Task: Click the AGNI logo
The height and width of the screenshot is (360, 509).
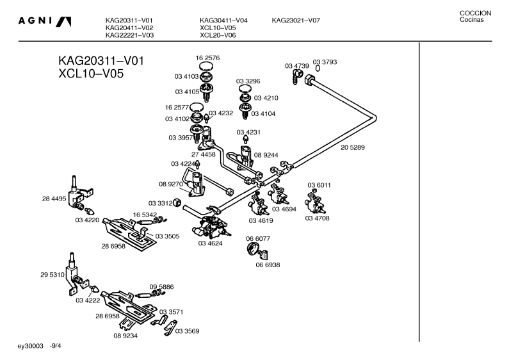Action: pos(44,21)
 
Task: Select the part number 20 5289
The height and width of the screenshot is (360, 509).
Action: pos(353,147)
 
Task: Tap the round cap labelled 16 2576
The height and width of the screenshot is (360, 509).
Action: pos(207,66)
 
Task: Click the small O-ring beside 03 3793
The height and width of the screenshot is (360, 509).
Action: pos(318,69)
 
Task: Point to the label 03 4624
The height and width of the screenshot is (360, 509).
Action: pos(211,243)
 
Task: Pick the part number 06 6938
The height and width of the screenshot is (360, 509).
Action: pos(268,265)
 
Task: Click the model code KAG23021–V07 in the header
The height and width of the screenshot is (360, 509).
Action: pos(296,20)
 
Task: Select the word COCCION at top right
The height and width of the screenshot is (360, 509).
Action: pos(475,13)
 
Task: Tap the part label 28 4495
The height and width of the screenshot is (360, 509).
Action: pos(54,199)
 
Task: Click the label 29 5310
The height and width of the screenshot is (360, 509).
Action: pos(53,275)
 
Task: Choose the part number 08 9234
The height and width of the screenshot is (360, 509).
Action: pos(125,336)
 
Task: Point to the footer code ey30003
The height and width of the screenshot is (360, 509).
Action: pos(30,346)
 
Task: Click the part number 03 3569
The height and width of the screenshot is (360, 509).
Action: pos(188,331)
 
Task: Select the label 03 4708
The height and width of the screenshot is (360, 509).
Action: pos(317,218)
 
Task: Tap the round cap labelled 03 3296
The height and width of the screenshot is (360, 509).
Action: pos(245,88)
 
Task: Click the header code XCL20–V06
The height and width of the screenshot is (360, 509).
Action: pos(218,35)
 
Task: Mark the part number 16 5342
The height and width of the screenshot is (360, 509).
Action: pos(145,215)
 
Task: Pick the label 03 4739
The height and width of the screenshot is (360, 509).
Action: pos(297,66)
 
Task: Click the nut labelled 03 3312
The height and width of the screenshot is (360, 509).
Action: pos(177,202)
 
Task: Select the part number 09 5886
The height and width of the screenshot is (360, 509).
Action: pos(161,287)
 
